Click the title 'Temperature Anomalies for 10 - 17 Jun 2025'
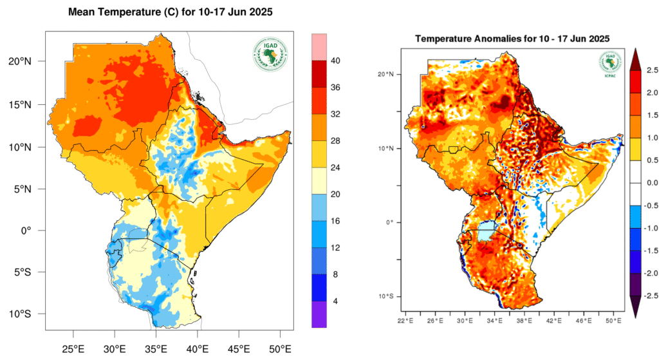click(513, 39)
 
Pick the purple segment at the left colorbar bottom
click(320, 315)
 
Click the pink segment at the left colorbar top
click(320, 46)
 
